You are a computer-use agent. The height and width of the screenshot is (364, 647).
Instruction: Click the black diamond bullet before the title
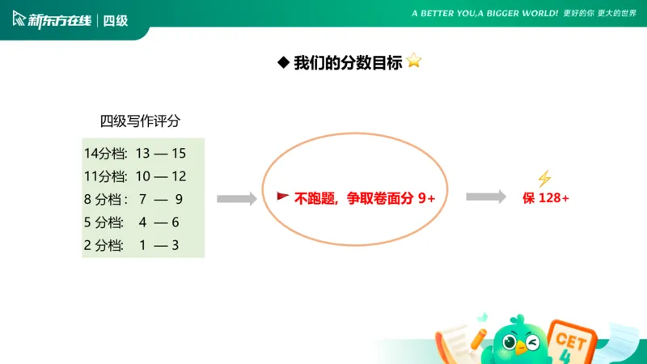(x=283, y=63)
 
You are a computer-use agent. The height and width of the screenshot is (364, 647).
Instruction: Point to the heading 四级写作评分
(x=140, y=121)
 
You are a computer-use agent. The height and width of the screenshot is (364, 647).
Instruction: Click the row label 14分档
(x=105, y=153)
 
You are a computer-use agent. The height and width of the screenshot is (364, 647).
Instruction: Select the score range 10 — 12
(x=161, y=176)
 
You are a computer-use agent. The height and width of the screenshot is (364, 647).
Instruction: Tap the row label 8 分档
(x=104, y=199)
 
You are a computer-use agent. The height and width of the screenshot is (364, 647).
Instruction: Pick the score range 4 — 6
(x=159, y=222)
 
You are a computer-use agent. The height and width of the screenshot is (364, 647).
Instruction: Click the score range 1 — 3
(x=159, y=245)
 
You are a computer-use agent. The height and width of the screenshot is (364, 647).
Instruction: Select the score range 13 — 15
(x=161, y=153)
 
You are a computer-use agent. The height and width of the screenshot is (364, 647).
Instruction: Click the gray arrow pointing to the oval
(x=236, y=198)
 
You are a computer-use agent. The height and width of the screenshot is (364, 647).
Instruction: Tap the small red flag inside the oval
(x=283, y=197)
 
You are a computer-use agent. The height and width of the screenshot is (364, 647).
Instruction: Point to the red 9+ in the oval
(x=427, y=197)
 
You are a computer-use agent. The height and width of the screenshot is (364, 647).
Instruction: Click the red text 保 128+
(x=546, y=197)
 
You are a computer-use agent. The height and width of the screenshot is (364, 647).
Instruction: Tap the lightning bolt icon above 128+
(x=544, y=179)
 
